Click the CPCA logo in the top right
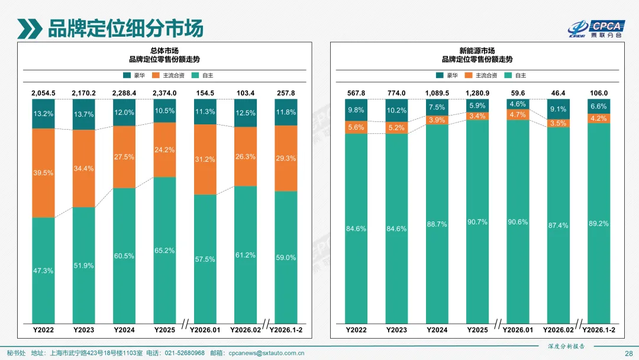tap(596, 28)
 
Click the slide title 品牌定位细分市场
tap(125, 28)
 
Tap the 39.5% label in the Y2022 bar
tap(43, 173)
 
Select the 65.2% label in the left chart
tap(164, 250)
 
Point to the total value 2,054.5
tap(43, 94)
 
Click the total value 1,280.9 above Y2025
tap(477, 94)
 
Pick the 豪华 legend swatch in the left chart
tap(127, 76)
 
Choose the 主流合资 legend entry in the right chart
tap(483, 76)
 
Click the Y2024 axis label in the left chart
tap(124, 330)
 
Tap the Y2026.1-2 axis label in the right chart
tap(599, 330)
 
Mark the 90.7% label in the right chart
tap(477, 222)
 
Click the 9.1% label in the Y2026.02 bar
tap(558, 109)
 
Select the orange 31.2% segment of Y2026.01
tap(205, 159)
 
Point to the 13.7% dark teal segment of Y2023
tap(83, 114)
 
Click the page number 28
tap(628, 353)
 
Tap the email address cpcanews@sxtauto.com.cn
tap(266, 353)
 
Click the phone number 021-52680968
tap(184, 353)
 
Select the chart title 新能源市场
tap(477, 51)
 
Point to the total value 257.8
tap(286, 94)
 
